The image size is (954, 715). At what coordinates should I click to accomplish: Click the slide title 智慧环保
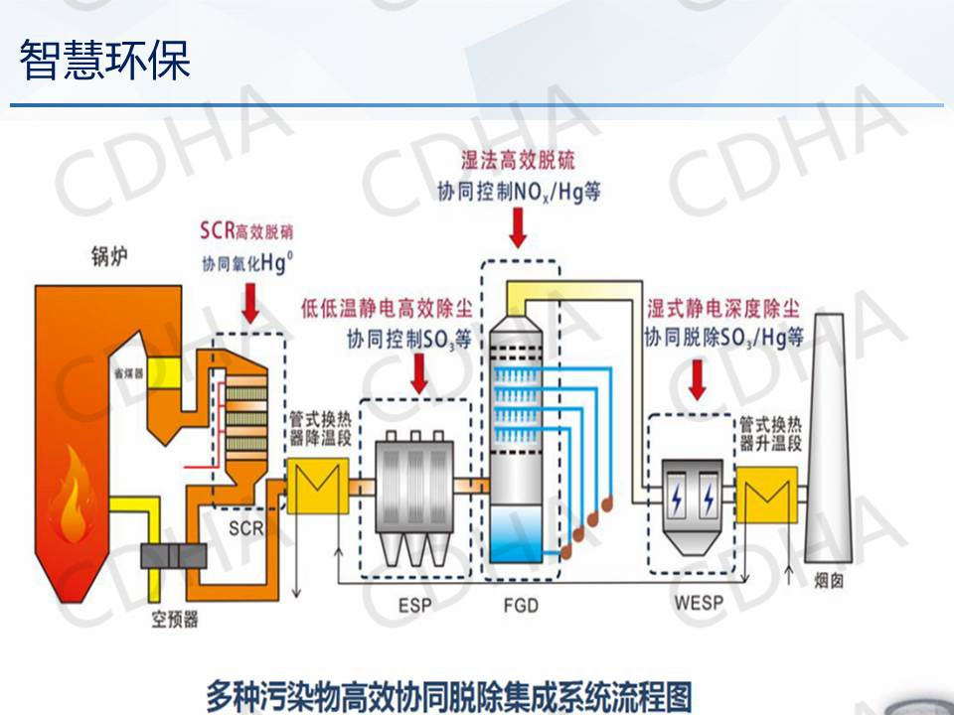pyautogui.click(x=104, y=59)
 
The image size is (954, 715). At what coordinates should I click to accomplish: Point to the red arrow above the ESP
pyautogui.click(x=421, y=372)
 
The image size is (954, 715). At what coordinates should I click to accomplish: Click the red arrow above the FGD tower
pyautogui.click(x=518, y=227)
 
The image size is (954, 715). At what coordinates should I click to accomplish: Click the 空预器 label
pyautogui.click(x=175, y=620)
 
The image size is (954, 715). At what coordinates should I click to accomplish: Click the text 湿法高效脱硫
pyautogui.click(x=518, y=160)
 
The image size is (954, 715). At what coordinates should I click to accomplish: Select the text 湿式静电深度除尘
pyautogui.click(x=722, y=309)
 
